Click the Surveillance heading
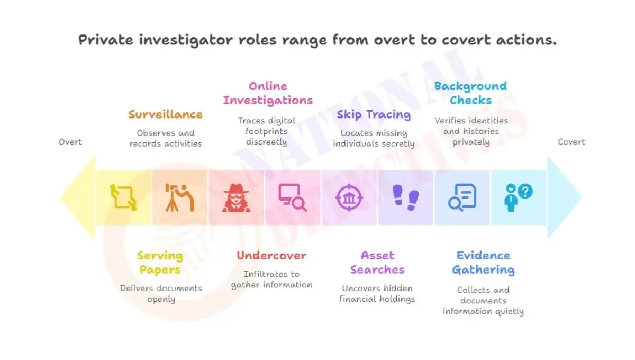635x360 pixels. click(x=165, y=114)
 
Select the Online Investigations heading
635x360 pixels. click(x=268, y=93)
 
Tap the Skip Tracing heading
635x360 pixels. click(x=374, y=114)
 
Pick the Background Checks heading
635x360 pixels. click(x=470, y=93)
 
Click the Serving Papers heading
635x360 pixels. click(x=160, y=263)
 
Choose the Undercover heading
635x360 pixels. click(x=271, y=256)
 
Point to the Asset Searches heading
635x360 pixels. click(x=377, y=263)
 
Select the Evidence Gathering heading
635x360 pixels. click(x=483, y=263)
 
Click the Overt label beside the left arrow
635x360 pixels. click(x=70, y=142)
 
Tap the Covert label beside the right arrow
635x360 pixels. click(x=571, y=142)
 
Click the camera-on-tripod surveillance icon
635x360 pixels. click(x=179, y=197)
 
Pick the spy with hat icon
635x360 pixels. click(x=236, y=197)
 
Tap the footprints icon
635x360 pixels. click(x=406, y=197)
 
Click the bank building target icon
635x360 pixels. click(x=349, y=197)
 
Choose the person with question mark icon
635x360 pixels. click(x=518, y=197)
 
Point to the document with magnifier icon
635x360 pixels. click(x=462, y=197)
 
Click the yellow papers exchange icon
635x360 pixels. click(x=123, y=197)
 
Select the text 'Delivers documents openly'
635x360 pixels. click(x=161, y=294)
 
